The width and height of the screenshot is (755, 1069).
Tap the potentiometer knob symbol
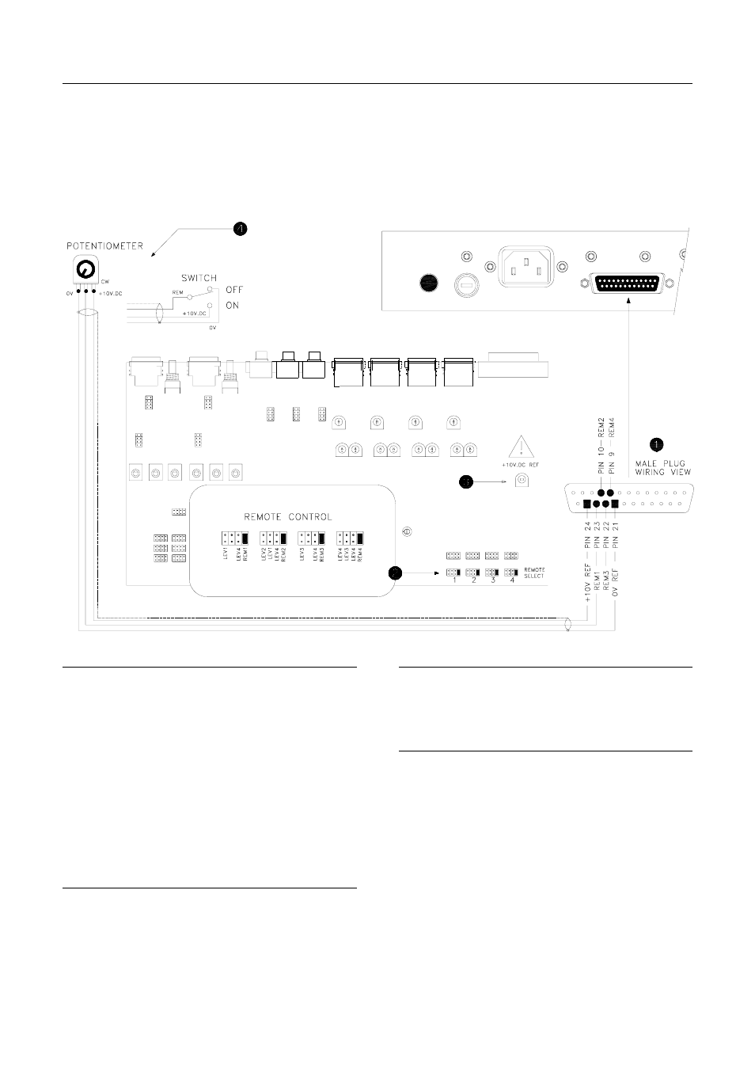coord(83,271)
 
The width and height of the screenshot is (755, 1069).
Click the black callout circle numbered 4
coord(240,228)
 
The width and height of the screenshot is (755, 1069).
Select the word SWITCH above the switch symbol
coord(199,279)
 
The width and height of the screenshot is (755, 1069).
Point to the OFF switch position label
coord(235,291)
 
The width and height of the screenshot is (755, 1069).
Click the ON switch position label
coord(233,306)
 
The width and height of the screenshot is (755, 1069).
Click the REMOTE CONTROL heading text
coord(288,516)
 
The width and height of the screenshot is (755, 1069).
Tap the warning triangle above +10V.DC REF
coord(520,447)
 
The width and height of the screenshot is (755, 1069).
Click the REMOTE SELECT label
coord(535,573)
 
